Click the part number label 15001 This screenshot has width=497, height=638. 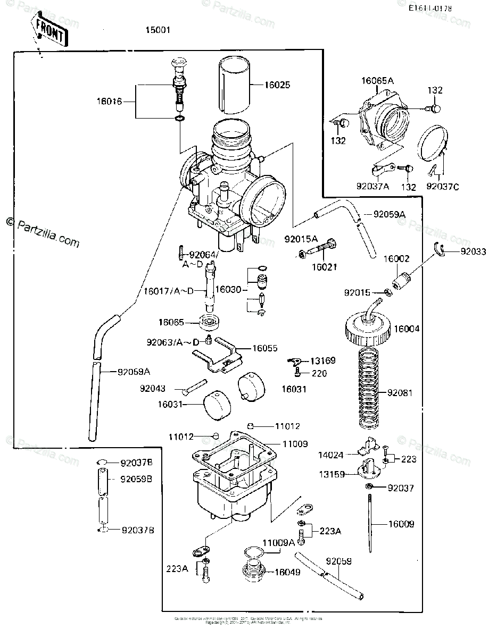coord(158,30)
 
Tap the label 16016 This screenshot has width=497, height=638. coord(109,100)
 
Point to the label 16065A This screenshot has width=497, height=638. coord(377,81)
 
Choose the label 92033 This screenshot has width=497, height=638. coord(474,252)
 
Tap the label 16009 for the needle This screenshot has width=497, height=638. coord(400,524)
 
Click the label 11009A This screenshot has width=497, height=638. coord(278,543)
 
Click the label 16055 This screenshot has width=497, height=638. coord(264,348)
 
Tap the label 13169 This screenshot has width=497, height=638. coord(324,361)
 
